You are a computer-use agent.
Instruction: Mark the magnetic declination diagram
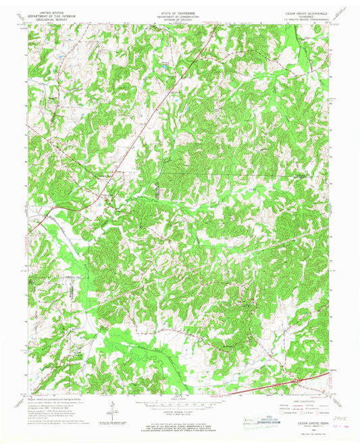click(112, 407)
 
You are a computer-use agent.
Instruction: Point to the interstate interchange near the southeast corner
click(295, 383)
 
